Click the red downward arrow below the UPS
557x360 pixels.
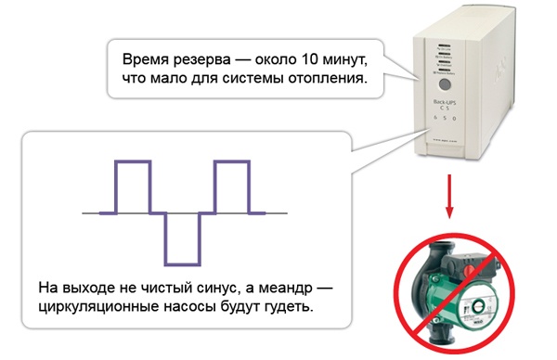tap(451, 194)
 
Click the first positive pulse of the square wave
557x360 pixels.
tap(132, 186)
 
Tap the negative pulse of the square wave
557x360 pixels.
tap(182, 238)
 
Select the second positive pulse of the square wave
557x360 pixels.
tap(233, 186)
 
